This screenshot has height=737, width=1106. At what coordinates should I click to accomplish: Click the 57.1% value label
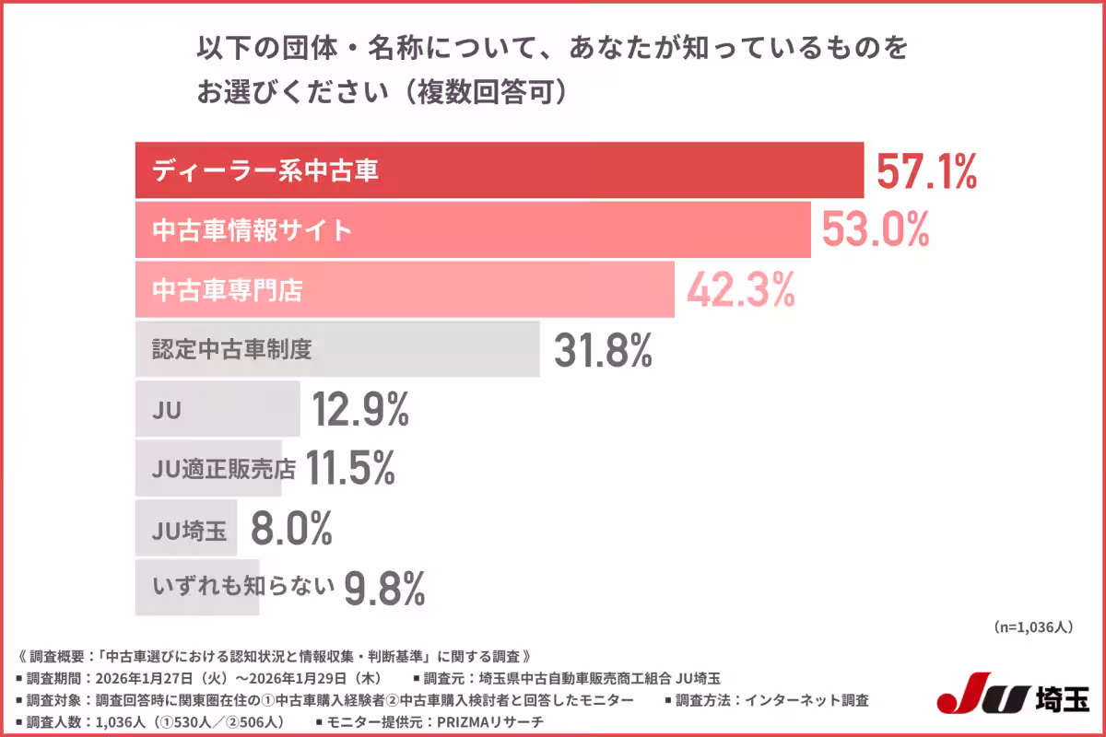click(x=925, y=171)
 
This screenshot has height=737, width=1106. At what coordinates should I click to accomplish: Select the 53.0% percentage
click(x=875, y=230)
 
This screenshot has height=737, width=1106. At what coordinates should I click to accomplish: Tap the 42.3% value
click(x=739, y=291)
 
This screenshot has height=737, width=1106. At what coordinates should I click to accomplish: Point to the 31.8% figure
click(x=604, y=350)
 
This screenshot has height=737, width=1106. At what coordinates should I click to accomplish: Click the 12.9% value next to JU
click(x=360, y=410)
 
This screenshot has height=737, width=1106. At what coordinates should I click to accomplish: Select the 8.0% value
click(x=291, y=529)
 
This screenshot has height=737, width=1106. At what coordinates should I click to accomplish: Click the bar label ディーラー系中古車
click(x=265, y=171)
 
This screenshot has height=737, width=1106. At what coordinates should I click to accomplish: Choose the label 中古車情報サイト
click(x=252, y=230)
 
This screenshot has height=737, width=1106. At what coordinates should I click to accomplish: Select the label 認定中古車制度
click(x=232, y=350)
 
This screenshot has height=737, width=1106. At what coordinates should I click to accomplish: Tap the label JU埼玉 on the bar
click(x=188, y=531)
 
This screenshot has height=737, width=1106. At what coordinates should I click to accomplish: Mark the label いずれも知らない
click(x=241, y=587)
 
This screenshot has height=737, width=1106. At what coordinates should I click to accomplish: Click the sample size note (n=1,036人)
click(x=1033, y=627)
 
